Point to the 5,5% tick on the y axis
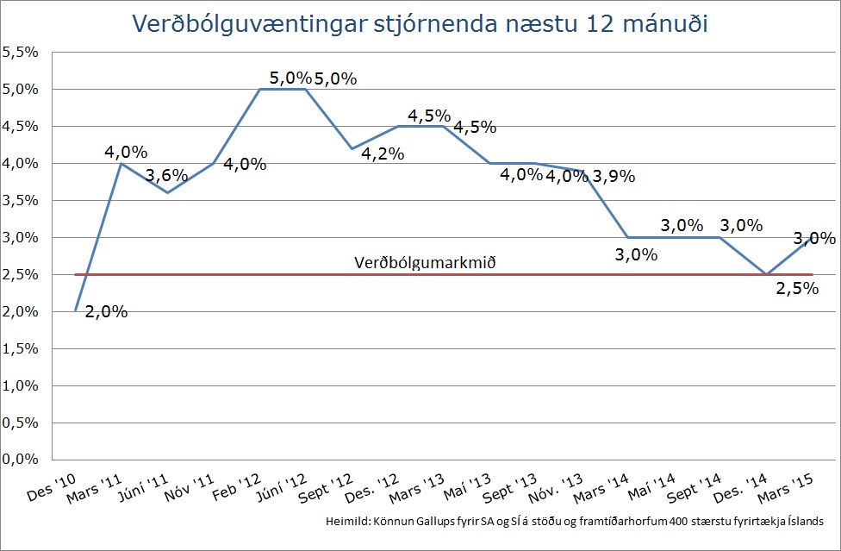tap(20, 52)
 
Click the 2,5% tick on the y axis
tap(20, 274)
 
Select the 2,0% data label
tap(107, 311)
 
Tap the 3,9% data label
tap(614, 177)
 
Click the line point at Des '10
tap(76, 310)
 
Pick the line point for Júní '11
tap(167, 192)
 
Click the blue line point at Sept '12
tap(352, 148)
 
